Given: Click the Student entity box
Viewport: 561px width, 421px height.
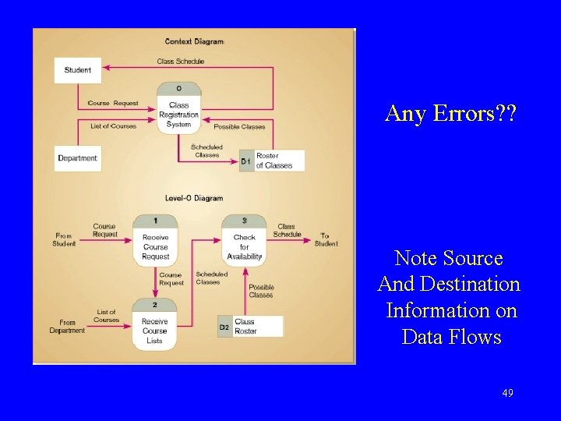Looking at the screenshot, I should point(77,70).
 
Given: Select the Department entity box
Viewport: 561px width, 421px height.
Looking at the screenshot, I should point(77,158).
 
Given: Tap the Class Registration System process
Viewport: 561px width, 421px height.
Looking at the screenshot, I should point(178,110).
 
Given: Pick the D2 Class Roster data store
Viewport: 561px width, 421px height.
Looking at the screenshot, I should point(250,327).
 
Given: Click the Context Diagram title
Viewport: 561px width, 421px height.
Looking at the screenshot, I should point(194,41).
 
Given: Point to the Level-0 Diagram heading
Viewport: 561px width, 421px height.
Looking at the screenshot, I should point(194,199).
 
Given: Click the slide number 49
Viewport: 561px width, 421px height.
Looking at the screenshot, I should point(507,394).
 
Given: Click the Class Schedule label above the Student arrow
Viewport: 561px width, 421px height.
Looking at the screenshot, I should point(180,62).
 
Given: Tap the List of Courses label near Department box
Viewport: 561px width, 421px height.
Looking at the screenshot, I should point(113,126).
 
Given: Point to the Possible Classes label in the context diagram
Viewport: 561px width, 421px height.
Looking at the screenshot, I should point(239,127).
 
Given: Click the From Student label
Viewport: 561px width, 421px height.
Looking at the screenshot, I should point(65,240).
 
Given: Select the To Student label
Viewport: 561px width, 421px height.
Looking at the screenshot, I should point(326,240).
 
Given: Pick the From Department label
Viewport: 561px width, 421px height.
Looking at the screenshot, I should point(67,327).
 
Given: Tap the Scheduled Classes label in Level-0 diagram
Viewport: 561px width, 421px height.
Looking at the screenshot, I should point(211,278).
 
